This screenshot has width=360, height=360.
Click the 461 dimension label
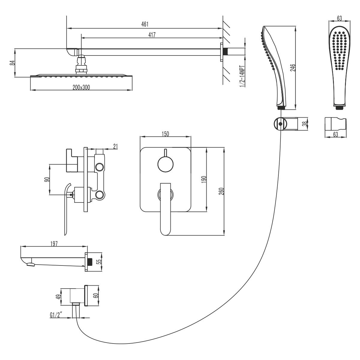click(x=145, y=24)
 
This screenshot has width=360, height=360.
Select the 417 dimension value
click(x=151, y=34)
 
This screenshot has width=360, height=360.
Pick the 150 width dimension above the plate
click(x=165, y=134)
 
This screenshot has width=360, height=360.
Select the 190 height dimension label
click(x=204, y=180)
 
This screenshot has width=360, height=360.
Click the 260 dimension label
click(x=221, y=192)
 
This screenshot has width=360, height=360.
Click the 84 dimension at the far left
click(x=12, y=63)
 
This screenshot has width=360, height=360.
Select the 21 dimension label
click(x=116, y=146)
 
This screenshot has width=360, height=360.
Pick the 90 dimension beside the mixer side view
click(x=46, y=179)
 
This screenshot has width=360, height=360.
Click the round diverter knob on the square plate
click(x=165, y=164)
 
